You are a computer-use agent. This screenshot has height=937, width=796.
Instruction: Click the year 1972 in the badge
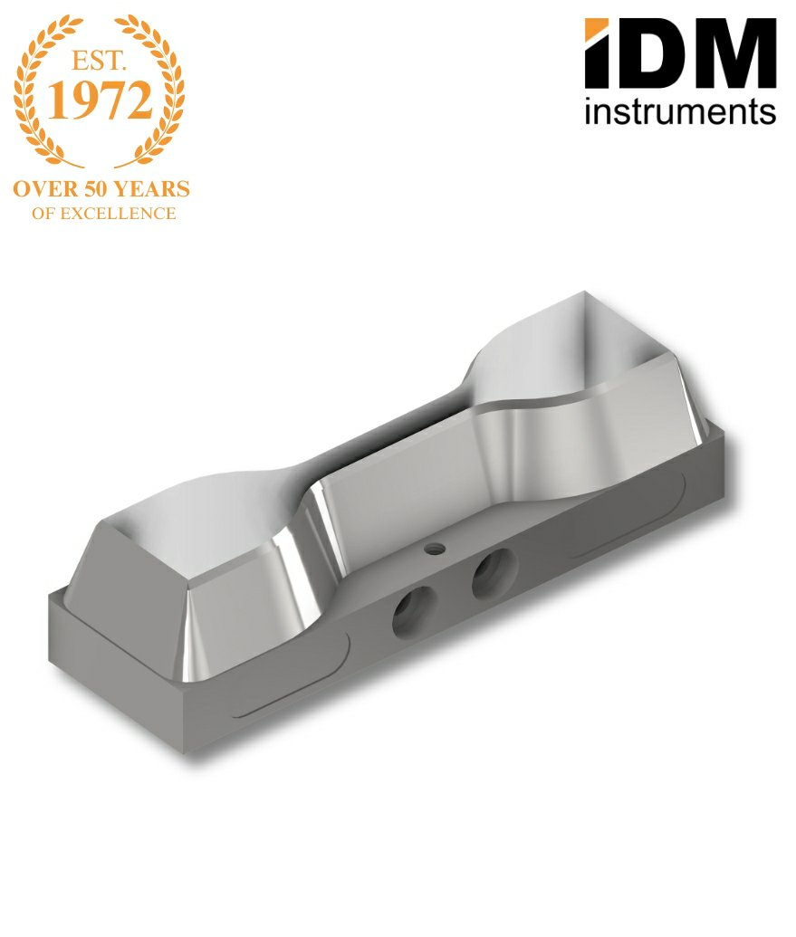pos(100,100)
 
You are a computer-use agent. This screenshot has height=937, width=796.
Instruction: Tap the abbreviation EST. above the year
pos(100,61)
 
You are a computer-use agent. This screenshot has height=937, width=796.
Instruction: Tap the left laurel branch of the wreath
pos(40,90)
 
